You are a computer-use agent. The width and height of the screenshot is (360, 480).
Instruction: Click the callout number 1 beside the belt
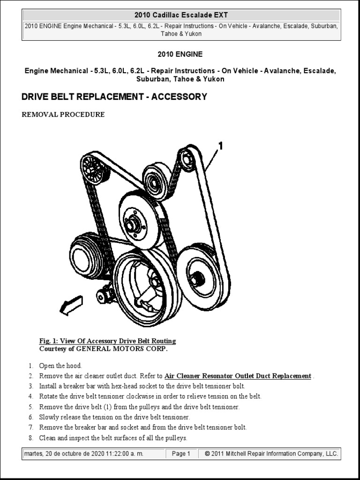(x=220, y=146)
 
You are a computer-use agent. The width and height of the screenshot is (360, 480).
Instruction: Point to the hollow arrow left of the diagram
(x=71, y=305)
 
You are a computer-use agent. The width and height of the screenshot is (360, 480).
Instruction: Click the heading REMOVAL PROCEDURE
(x=63, y=114)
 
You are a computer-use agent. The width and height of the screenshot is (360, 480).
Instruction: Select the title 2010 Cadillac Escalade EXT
(x=181, y=15)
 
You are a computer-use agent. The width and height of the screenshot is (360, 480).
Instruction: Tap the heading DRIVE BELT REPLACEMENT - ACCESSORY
(x=114, y=97)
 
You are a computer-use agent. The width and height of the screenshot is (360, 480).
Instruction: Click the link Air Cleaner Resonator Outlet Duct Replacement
(x=238, y=376)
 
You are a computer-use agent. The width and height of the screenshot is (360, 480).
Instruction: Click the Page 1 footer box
(x=181, y=454)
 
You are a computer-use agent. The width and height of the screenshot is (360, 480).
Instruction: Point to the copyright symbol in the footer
(x=207, y=454)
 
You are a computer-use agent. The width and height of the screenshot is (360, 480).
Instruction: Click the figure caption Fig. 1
(x=107, y=341)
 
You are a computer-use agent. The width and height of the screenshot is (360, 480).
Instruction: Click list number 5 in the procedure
(x=31, y=407)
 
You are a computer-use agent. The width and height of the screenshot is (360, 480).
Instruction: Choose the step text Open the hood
(x=60, y=366)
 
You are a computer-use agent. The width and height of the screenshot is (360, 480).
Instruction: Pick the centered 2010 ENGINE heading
(x=180, y=54)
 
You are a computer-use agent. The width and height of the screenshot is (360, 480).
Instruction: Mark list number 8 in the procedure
(x=31, y=438)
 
